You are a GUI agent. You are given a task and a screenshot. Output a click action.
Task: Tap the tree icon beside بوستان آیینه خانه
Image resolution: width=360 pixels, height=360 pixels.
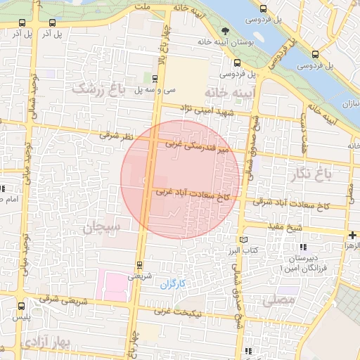tap(225, 31)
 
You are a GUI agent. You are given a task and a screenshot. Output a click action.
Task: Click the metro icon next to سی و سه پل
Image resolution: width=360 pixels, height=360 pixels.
tap(155, 78)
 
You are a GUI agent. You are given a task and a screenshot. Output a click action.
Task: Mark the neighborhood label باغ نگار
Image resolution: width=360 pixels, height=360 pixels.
tap(323, 172)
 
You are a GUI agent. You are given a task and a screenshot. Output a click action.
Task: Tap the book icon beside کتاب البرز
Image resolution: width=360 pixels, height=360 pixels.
tap(244, 240)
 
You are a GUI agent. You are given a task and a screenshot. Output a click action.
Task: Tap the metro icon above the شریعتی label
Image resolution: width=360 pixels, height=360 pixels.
tap(139, 265)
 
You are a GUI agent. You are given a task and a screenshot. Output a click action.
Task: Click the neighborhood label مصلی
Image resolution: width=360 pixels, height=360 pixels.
tap(274, 300)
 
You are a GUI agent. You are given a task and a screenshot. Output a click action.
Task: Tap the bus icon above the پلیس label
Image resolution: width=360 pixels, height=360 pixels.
tap(22, 306)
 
